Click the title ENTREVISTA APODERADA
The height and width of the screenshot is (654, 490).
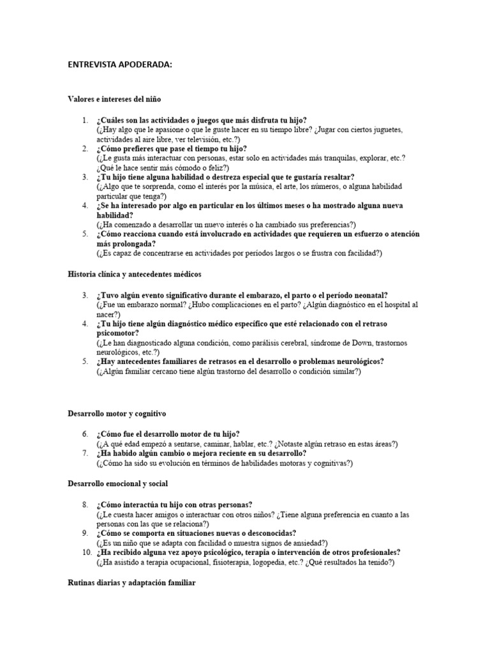(120, 64)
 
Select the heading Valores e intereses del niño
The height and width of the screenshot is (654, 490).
(114, 99)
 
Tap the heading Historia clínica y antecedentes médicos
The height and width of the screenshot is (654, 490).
(134, 274)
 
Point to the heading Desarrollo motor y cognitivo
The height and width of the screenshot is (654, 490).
(117, 414)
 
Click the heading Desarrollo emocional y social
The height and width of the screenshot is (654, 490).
(118, 483)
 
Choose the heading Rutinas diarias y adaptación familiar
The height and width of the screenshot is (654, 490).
(132, 583)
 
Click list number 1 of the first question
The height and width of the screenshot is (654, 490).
(85, 120)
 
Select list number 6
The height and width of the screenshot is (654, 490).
(85, 434)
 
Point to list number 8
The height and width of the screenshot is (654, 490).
(85, 505)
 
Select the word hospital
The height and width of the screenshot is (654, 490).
(394, 305)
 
